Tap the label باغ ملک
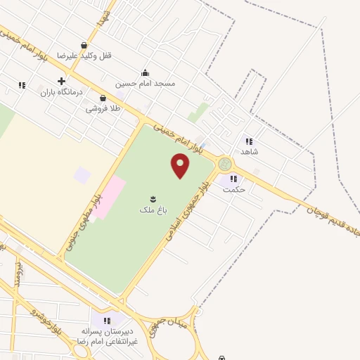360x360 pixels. click(x=151, y=209)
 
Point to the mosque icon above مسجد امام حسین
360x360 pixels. click(x=146, y=72)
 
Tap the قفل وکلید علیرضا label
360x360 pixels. click(x=84, y=55)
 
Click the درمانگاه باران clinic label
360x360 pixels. click(x=61, y=92)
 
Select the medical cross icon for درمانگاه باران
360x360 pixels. click(x=62, y=81)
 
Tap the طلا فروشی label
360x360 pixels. click(x=103, y=109)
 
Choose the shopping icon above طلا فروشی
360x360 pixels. click(x=103, y=98)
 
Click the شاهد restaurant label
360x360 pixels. click(x=250, y=151)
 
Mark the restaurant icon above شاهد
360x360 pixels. click(x=248, y=141)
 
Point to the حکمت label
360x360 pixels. click(x=233, y=188)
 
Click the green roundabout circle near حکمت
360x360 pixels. click(x=225, y=165)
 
